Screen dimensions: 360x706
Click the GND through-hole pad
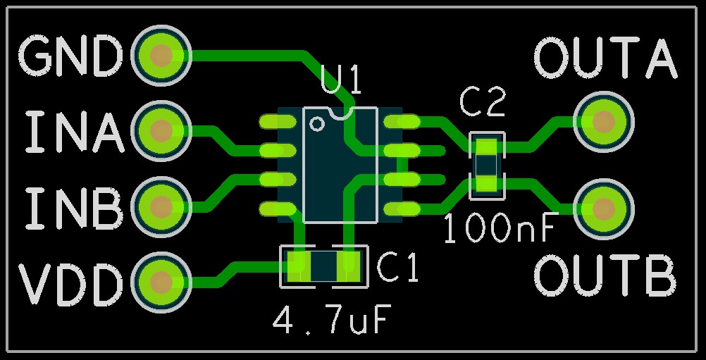tap(161, 55)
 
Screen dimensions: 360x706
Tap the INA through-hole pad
tap(161, 130)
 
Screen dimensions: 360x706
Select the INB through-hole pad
tap(161, 206)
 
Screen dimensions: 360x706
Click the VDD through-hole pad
tap(161, 281)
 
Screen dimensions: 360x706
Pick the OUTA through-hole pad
tap(603, 121)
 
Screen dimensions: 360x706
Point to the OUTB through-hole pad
tap(603, 209)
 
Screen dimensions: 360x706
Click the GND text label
tap(70, 56)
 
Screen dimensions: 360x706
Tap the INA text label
tap(75, 132)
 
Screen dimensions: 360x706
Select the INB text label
tap(75, 208)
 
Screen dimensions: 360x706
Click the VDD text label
tap(70, 283)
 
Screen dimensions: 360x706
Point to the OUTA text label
tap(606, 58)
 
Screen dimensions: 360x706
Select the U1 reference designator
tap(341, 81)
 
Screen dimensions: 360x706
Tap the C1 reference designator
tap(397, 268)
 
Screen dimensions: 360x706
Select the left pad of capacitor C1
tap(297, 266)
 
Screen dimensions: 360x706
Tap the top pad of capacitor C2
tap(486, 148)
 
